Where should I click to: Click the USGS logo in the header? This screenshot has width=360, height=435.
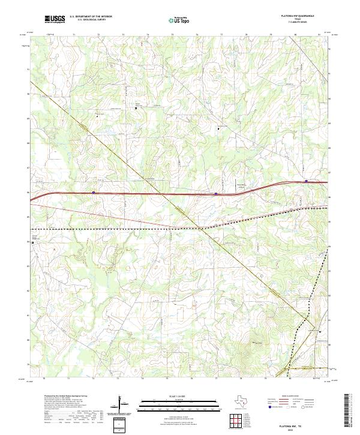[55, 20]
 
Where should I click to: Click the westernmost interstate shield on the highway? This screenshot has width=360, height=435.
[94, 193]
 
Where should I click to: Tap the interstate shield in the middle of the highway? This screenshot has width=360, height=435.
[216, 194]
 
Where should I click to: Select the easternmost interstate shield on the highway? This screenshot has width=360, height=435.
[307, 181]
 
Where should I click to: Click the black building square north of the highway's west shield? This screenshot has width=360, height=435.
[136, 109]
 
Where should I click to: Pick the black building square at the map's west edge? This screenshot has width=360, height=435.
[34, 242]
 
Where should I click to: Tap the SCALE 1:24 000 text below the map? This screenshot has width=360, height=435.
[179, 396]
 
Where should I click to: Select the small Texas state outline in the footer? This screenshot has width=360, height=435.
[248, 401]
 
